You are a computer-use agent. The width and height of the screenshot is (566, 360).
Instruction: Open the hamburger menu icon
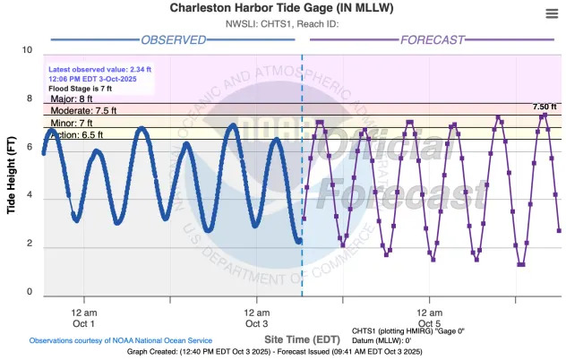[x=552, y=13]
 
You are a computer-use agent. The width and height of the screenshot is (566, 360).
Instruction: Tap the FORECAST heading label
[x=432, y=39]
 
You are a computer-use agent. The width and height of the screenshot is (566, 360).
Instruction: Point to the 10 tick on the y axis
[x=29, y=50]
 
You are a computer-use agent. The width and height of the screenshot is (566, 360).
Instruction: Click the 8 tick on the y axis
[x=29, y=99]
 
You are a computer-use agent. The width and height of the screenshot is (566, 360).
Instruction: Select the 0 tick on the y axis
[x=29, y=292]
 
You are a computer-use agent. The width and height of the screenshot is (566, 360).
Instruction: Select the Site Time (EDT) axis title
[x=303, y=339]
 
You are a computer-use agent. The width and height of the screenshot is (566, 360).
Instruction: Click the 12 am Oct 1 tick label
[x=84, y=317]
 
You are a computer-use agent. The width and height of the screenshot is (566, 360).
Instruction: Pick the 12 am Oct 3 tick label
[x=257, y=317]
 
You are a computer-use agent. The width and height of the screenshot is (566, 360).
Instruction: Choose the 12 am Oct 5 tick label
[x=430, y=317]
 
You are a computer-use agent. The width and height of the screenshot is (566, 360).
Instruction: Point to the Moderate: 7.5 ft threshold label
[x=78, y=111]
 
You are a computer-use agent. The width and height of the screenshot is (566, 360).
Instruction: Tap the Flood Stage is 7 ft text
[x=80, y=89]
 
